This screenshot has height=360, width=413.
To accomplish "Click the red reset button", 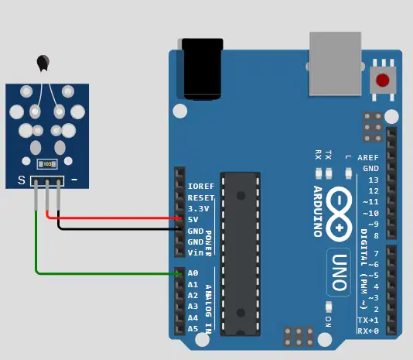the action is coord(382,81).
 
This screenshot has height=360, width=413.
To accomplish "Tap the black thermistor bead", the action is coord(43,63).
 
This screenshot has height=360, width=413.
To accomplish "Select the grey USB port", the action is coord(336,63).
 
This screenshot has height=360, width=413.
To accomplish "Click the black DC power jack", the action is coord(203,69).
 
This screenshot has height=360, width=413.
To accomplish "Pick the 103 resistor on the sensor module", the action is coord(47,164).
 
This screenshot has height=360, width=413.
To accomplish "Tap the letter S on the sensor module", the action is coord(22,180).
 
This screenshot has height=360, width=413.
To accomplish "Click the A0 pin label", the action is coord(193,273).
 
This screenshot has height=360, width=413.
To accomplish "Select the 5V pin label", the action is coord(193,219).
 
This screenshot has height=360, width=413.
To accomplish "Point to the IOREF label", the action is coord(201,187).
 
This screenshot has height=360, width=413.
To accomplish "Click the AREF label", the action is coord(368,158).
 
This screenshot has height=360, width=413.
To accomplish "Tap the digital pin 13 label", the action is coord(374,180).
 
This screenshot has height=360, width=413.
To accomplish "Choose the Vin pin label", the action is coord(196,252).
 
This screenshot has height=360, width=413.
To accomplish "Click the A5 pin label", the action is coord(193,329).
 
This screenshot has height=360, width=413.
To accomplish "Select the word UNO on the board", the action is coord(339,273).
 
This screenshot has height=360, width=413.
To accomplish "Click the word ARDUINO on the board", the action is coord(318,211).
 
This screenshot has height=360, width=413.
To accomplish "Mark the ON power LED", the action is coord(329,307).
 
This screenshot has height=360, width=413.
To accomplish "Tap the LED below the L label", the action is coord(348,173).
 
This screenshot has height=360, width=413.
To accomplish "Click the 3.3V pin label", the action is coord(198,208).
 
